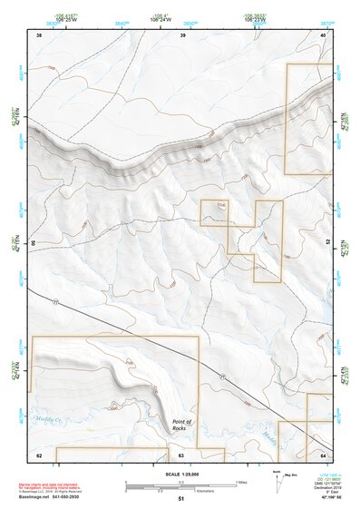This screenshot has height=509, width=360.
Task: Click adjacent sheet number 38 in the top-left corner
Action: [38, 34]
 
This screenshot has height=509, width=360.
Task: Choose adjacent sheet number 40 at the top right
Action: [324, 34]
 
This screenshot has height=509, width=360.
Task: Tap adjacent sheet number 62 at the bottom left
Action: [38, 454]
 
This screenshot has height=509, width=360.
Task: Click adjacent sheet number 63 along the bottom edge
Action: [181, 454]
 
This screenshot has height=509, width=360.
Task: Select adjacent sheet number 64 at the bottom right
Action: [324, 454]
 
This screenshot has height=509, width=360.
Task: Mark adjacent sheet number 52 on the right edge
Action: [327, 243]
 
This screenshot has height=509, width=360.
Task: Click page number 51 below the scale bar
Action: [181, 499]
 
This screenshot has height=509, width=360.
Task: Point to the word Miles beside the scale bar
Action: [241, 482]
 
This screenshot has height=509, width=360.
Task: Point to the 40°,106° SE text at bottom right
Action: [322, 497]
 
